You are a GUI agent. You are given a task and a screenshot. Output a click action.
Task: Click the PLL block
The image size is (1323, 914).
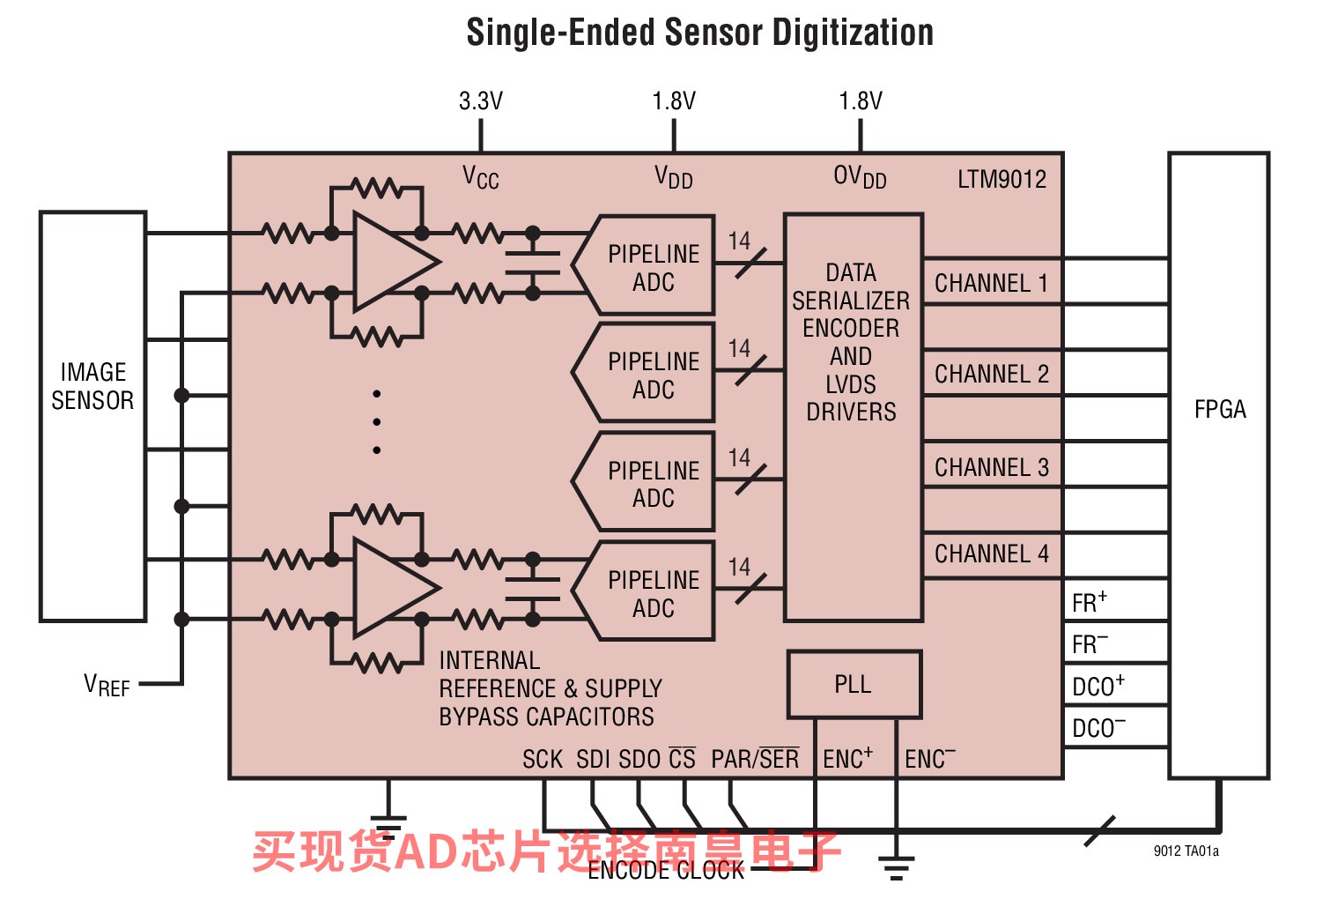(x=854, y=684)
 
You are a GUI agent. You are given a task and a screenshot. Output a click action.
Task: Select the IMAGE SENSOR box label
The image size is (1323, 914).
(x=92, y=386)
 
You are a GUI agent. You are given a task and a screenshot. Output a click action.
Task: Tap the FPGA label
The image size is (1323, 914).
(x=1220, y=409)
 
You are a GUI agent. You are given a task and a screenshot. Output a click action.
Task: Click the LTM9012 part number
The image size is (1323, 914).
(x=1001, y=179)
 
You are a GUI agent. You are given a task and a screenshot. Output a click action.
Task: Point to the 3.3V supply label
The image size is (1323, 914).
(x=481, y=101)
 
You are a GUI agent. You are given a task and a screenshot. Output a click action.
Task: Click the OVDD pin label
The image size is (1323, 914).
(x=860, y=177)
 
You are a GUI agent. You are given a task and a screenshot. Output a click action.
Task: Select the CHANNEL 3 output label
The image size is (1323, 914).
(x=992, y=467)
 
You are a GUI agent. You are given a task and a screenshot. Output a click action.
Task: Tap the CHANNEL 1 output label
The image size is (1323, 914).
(x=992, y=283)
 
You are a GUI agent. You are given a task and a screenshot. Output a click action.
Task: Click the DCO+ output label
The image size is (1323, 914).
(x=1098, y=686)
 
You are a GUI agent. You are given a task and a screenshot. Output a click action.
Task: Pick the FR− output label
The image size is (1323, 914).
(x=1090, y=644)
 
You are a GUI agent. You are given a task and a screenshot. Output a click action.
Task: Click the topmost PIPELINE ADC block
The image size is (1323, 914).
(x=644, y=264)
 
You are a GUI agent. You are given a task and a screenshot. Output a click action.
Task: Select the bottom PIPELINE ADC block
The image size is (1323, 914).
(x=644, y=591)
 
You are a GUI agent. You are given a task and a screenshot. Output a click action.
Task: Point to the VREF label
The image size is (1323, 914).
(x=107, y=686)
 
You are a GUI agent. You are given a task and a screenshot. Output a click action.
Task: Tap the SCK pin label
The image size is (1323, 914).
(x=543, y=759)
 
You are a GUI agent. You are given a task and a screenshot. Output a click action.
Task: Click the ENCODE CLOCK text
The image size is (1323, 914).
(x=666, y=870)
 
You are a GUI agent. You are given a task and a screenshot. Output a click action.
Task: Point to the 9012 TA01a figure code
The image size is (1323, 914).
(x=1186, y=851)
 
